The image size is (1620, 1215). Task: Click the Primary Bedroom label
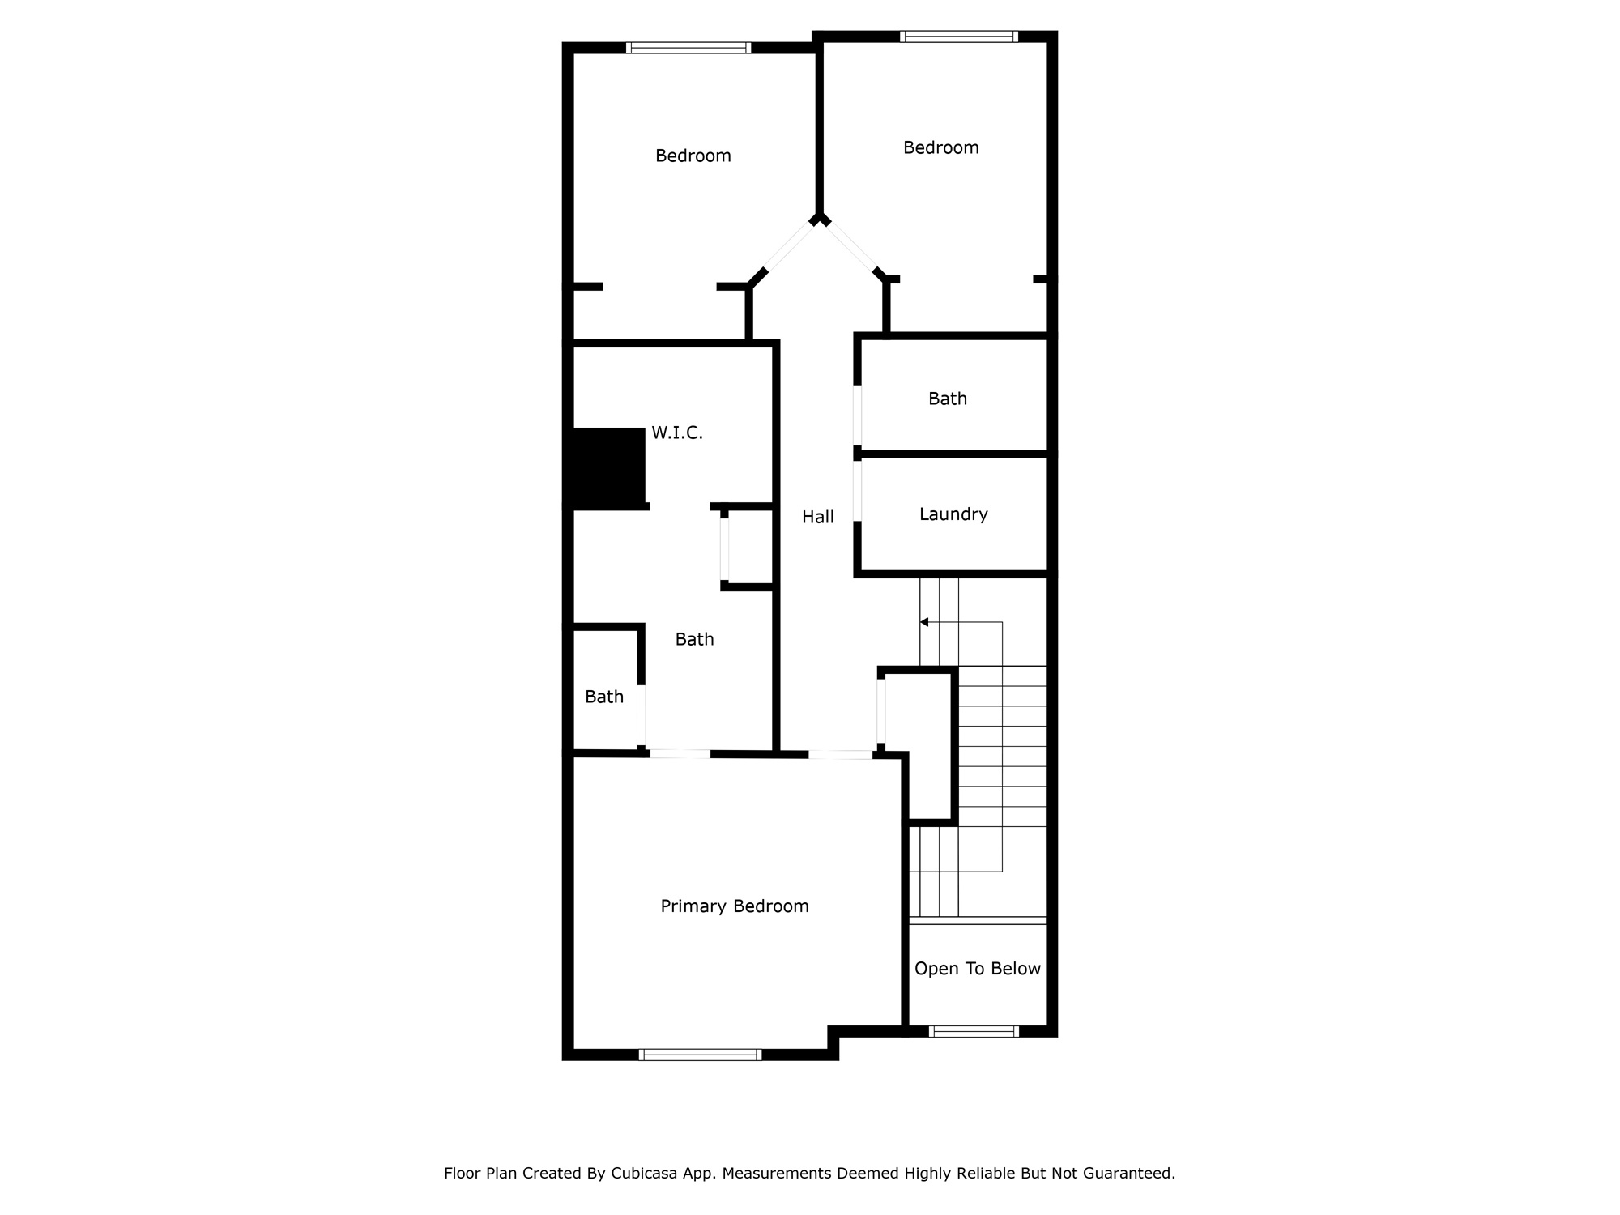[x=734, y=906]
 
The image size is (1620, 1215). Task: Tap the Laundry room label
[x=953, y=514]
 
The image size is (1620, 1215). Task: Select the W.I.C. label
[x=676, y=433]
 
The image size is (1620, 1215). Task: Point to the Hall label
[x=817, y=517]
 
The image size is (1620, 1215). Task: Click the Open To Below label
[x=977, y=969]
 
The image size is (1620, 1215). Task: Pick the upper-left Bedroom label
[x=693, y=156]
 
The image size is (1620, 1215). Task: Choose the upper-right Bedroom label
[x=940, y=147]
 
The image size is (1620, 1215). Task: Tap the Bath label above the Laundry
[x=947, y=399]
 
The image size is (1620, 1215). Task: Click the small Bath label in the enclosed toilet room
[x=604, y=697]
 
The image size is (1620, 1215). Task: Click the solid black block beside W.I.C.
[x=607, y=467]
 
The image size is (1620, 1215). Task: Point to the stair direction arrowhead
[x=924, y=622]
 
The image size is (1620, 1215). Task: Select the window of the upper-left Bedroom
[x=688, y=48]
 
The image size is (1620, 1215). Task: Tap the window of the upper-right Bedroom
[x=958, y=36]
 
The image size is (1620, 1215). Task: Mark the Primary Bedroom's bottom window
[x=700, y=1055]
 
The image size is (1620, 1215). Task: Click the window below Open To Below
[x=974, y=1031]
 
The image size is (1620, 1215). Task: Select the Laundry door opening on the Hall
[x=858, y=492]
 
